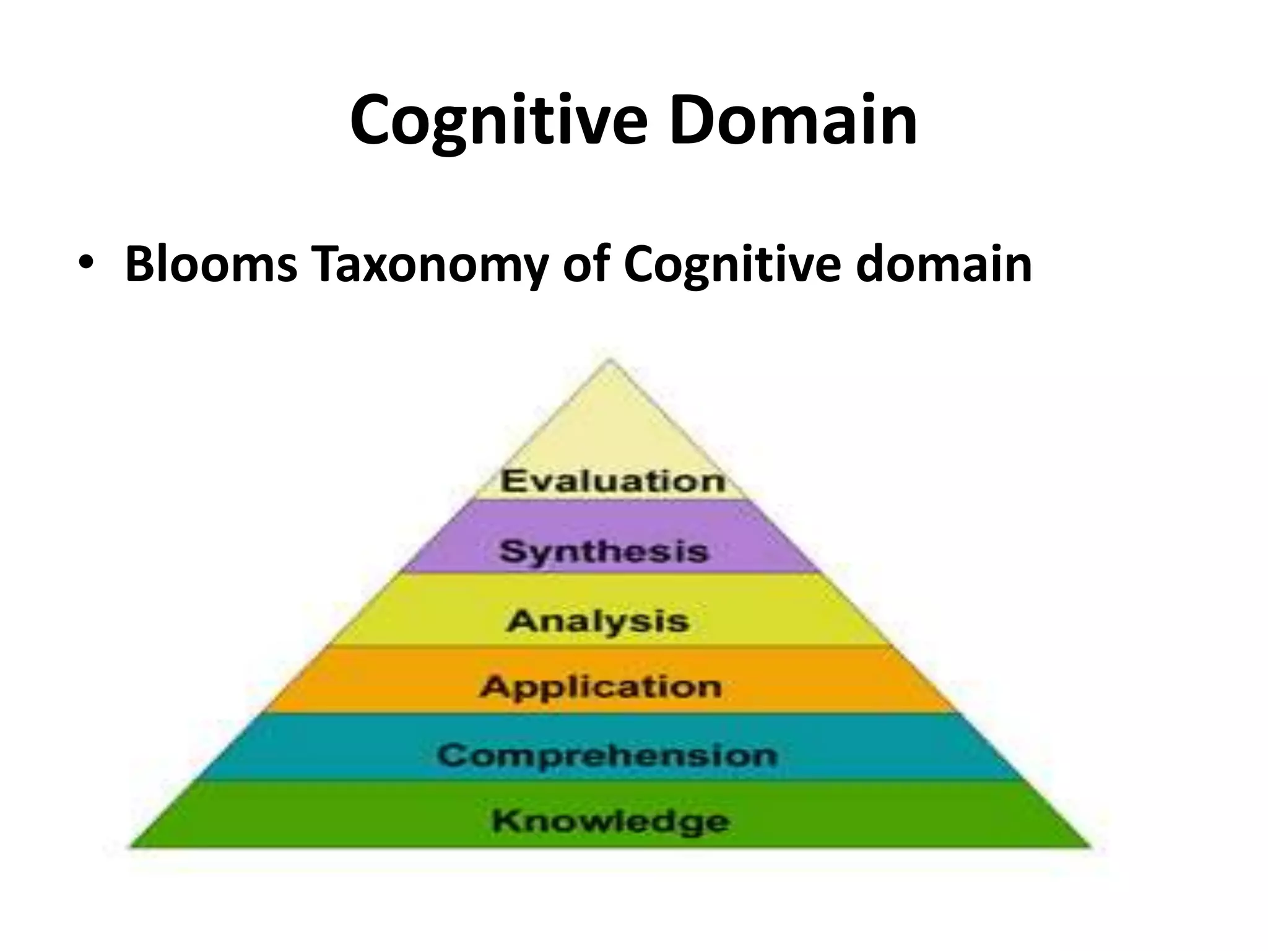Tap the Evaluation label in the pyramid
point(612,481)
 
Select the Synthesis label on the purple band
point(604,551)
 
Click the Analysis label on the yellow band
point(597,621)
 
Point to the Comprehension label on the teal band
point(607,755)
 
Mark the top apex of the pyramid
point(610,361)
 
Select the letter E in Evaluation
point(512,481)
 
